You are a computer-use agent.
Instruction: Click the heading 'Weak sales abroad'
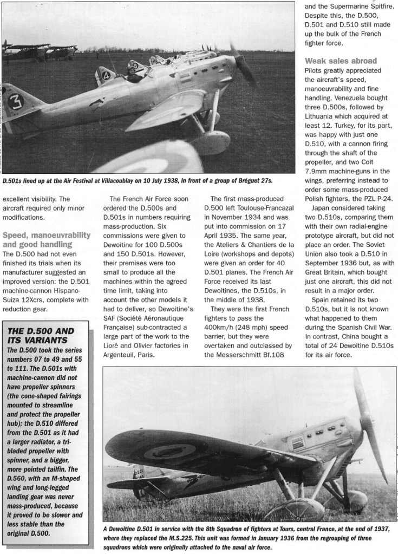point(340,60)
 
